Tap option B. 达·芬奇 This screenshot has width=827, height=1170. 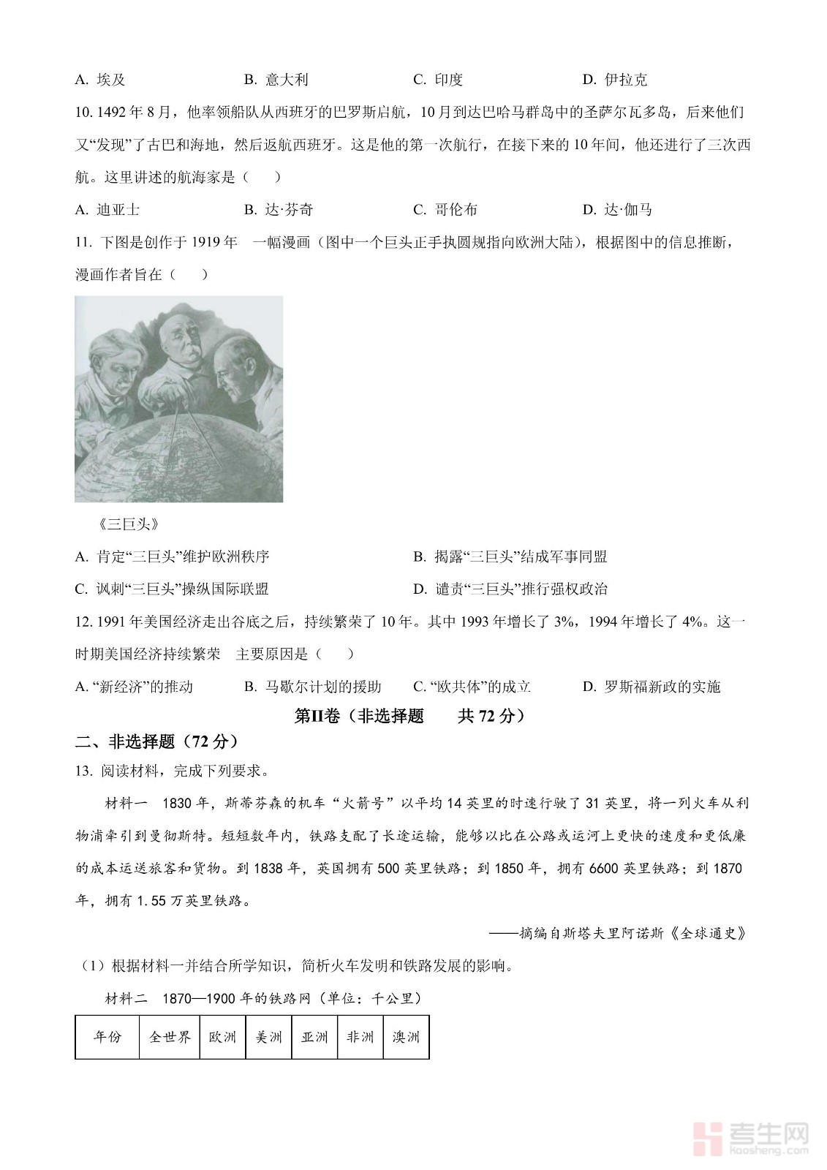(278, 210)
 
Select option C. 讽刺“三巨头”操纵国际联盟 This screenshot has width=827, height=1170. (172, 589)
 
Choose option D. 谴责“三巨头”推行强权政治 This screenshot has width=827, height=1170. (510, 589)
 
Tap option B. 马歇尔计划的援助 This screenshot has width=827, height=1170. (312, 687)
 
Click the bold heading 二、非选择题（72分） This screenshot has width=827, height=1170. (157, 741)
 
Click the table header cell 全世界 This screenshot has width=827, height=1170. (170, 1037)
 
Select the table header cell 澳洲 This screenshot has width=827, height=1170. (406, 1037)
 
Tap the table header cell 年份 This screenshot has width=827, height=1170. (107, 1037)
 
